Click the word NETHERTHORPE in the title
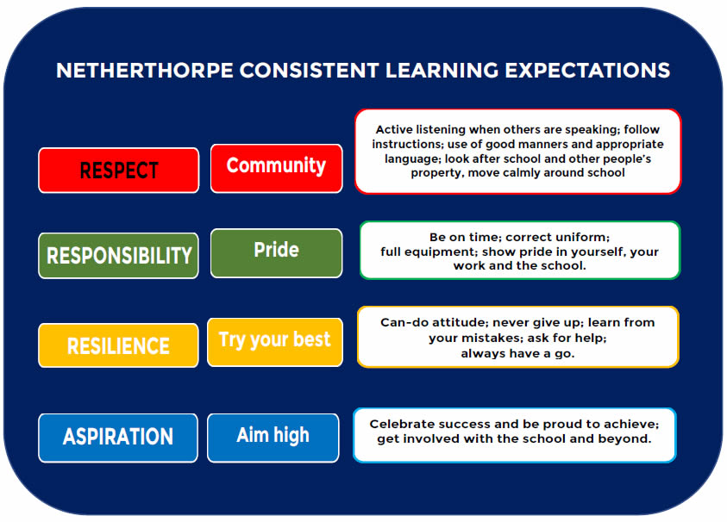(x=145, y=71)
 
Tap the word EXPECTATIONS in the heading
(x=587, y=71)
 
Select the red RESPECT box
(x=119, y=170)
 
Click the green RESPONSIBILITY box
(x=119, y=256)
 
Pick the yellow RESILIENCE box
(x=119, y=345)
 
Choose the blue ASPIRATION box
(x=118, y=438)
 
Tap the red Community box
(x=276, y=168)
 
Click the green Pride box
(x=276, y=253)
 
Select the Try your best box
(x=275, y=342)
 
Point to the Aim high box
(x=273, y=438)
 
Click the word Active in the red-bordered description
(x=393, y=129)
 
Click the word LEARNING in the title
(x=442, y=71)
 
